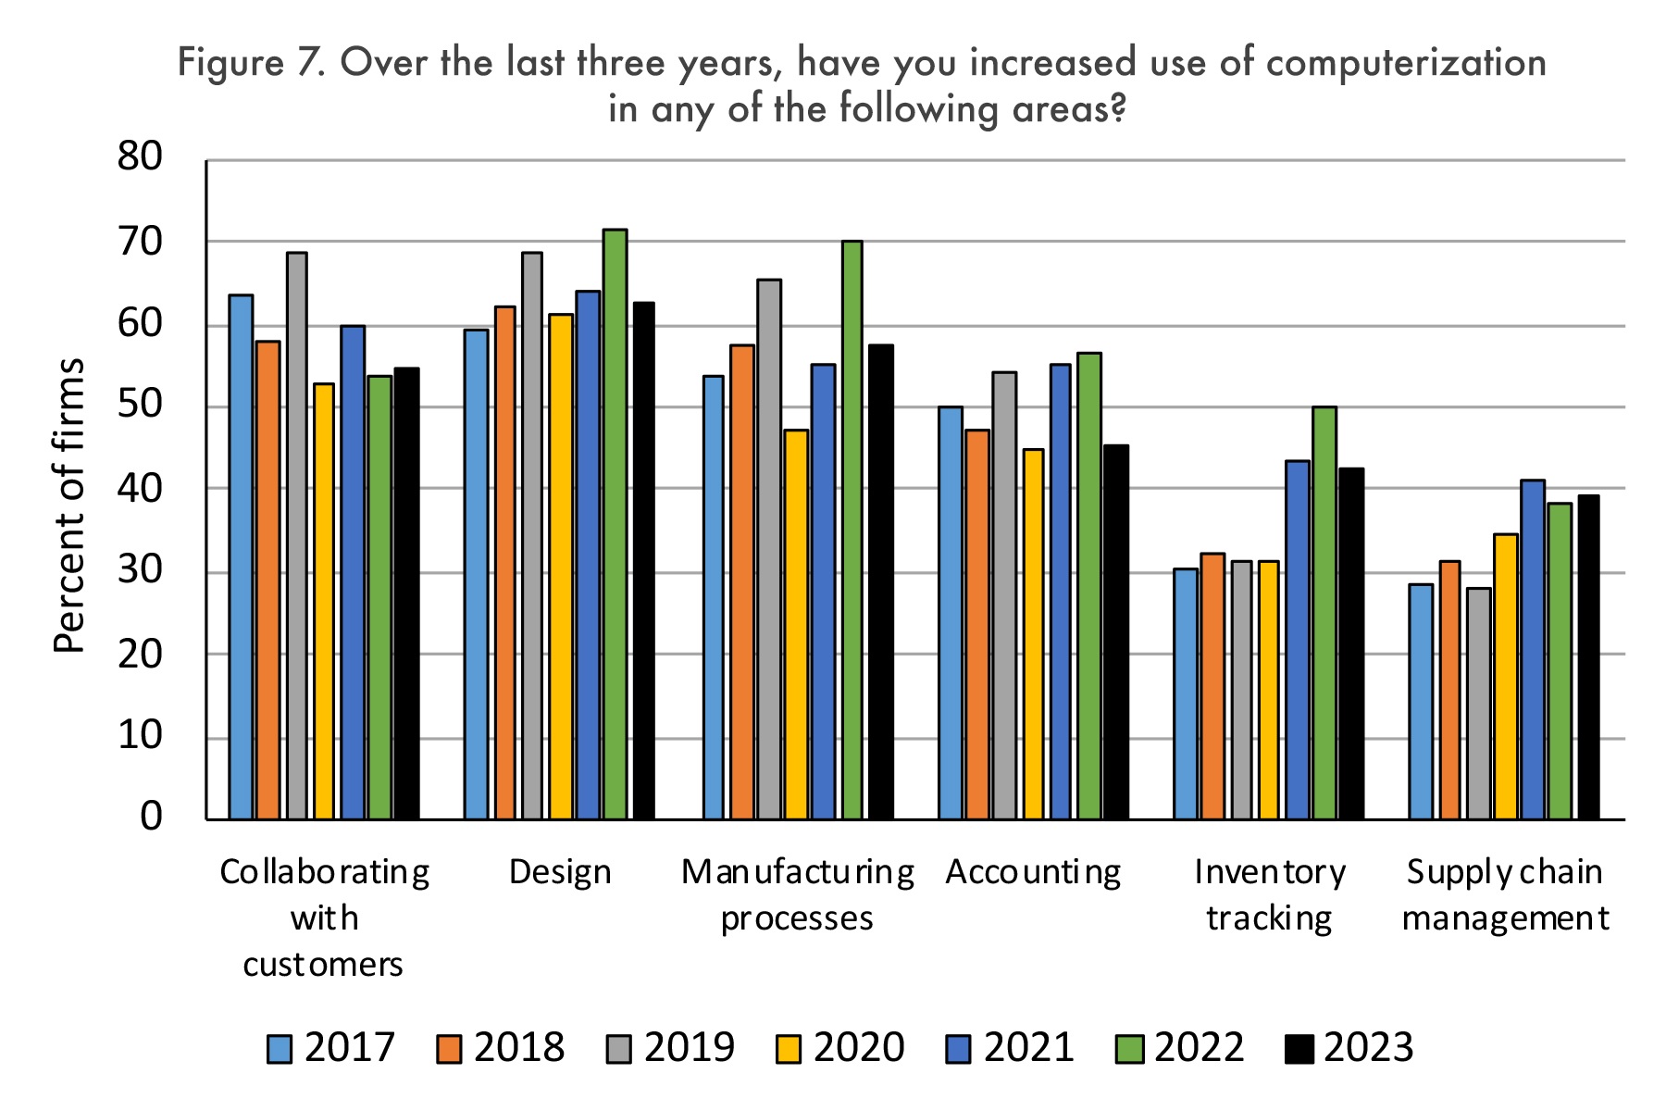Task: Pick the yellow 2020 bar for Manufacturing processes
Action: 796,625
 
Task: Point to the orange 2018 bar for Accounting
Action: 977,625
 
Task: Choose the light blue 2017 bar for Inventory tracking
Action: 1186,694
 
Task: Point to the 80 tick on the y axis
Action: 140,157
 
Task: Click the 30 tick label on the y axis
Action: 140,571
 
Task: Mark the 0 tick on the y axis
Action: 151,818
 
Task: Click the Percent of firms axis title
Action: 70,505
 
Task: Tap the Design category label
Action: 560,872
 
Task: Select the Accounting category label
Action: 1033,872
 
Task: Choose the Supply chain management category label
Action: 1505,895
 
